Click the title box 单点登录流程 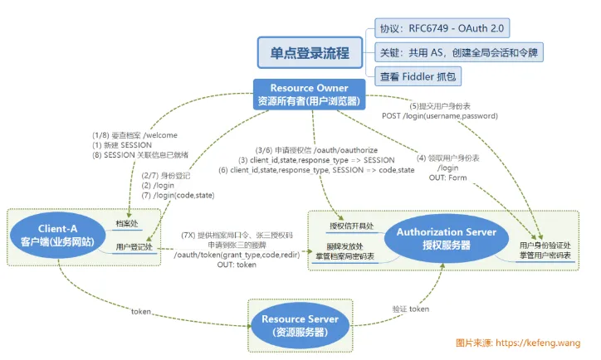pos(310,52)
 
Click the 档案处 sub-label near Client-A pos(128,225)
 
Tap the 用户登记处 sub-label pos(133,246)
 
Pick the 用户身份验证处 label pos(546,246)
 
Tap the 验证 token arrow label pos(411,309)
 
